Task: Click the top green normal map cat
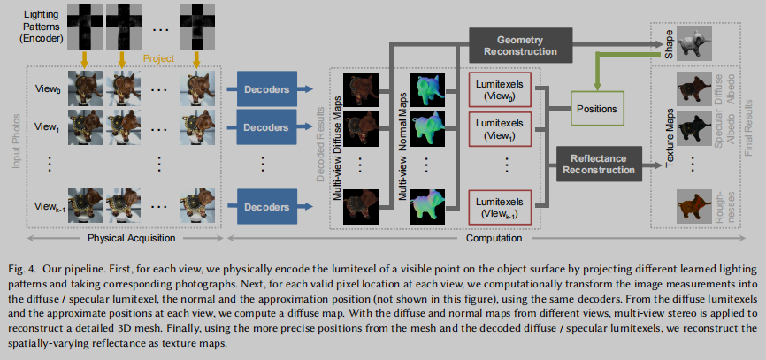click(x=428, y=89)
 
